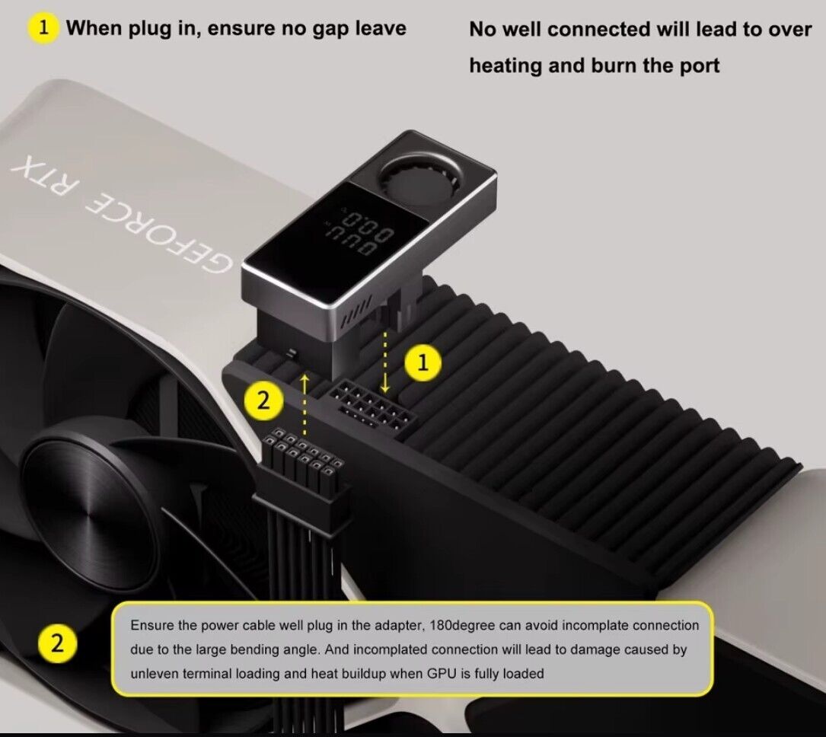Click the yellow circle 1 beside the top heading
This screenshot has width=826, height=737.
43,27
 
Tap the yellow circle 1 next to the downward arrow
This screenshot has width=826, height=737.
423,362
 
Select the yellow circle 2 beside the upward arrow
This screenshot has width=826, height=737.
263,401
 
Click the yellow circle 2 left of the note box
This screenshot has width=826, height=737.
57,643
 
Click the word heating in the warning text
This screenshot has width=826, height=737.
505,66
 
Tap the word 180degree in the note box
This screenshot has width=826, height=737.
463,626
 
